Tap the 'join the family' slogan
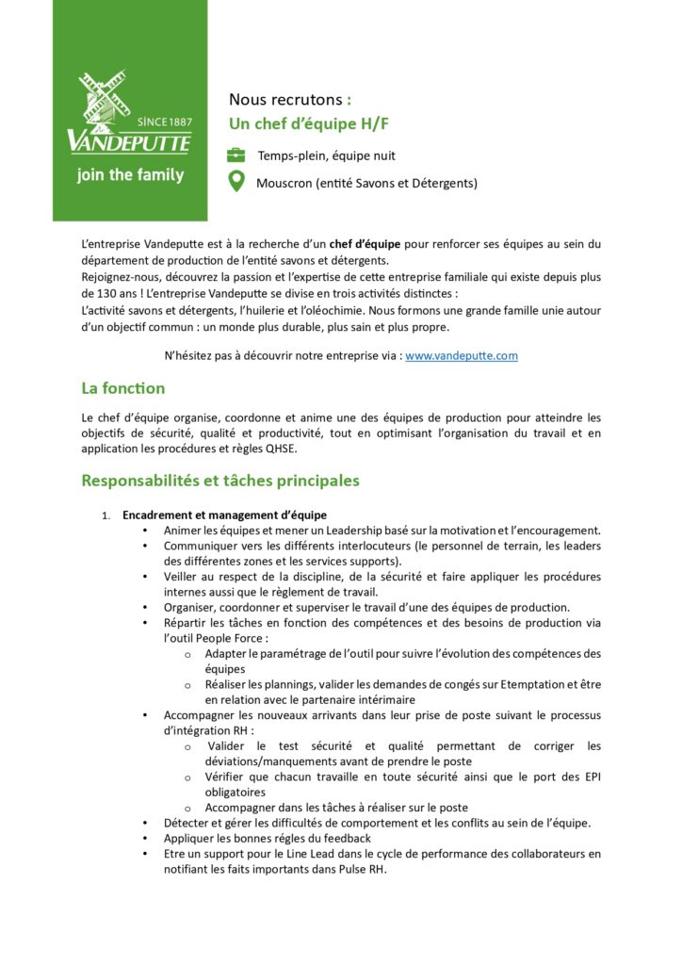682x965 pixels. pyautogui.click(x=130, y=175)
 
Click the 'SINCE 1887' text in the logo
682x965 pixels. pyautogui.click(x=164, y=123)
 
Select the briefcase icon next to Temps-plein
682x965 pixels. pyautogui.click(x=236, y=155)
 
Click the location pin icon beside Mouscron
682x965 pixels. pyautogui.click(x=236, y=182)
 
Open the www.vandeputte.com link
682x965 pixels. pyautogui.click(x=461, y=356)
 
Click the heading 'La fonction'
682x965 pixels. pyautogui.click(x=122, y=388)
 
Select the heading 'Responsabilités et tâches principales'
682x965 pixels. pyautogui.click(x=220, y=481)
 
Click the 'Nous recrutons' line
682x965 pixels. pyautogui.click(x=290, y=99)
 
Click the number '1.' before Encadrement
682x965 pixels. pyautogui.click(x=106, y=515)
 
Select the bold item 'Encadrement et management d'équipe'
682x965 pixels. pyautogui.click(x=224, y=515)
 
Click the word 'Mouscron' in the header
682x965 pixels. pyautogui.click(x=284, y=183)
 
